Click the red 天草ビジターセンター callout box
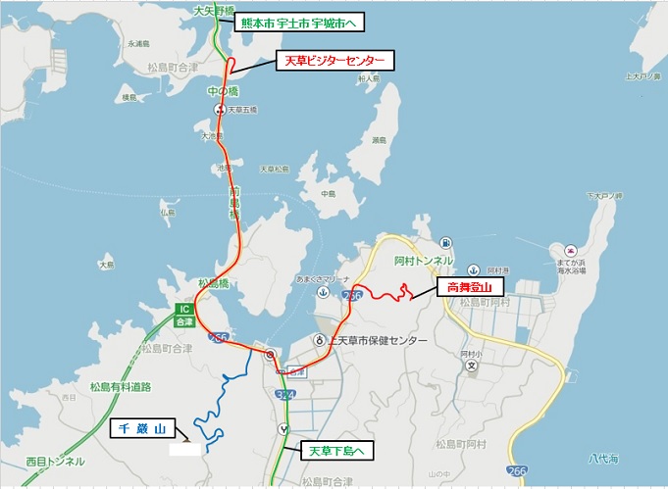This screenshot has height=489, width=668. [x=334, y=61]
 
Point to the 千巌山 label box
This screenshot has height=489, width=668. [x=140, y=429]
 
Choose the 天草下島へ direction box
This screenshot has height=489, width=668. [x=336, y=451]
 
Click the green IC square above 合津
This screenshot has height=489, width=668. [x=182, y=309]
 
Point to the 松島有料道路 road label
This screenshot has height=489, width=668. [x=121, y=387]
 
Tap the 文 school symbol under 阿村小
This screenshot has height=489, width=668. [x=471, y=367]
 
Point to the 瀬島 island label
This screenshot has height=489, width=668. [x=379, y=140]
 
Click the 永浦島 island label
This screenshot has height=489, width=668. [x=137, y=44]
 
